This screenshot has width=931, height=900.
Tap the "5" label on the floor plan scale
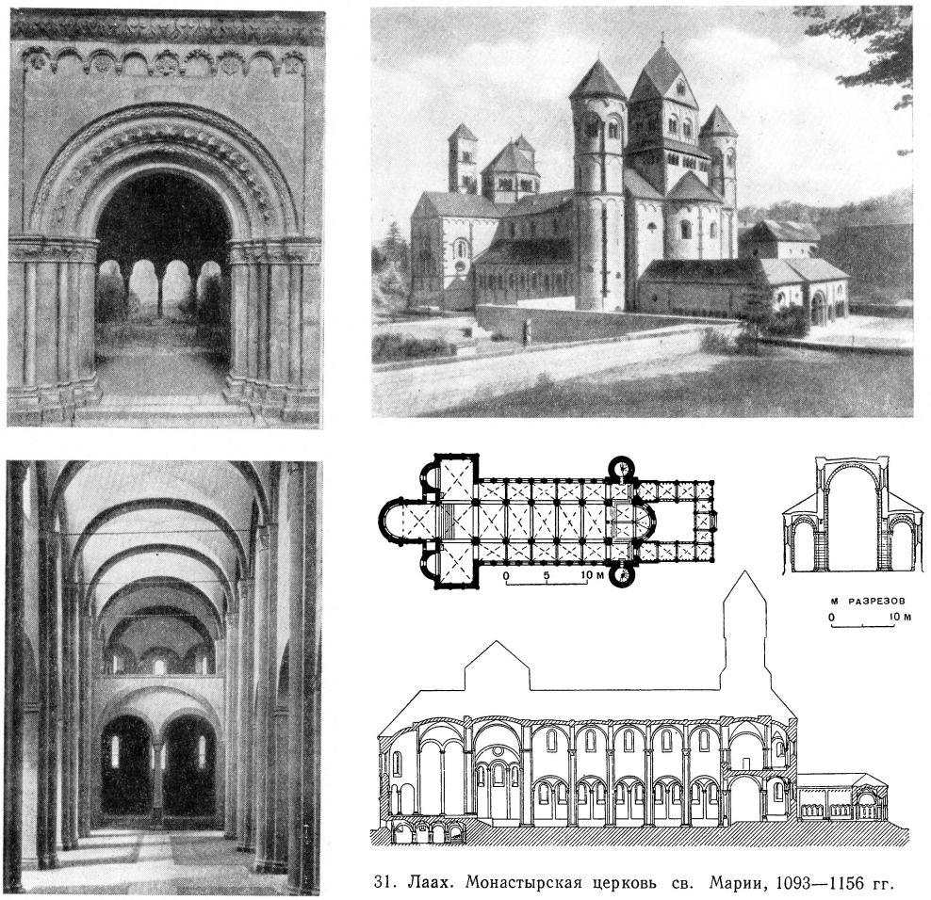(547, 575)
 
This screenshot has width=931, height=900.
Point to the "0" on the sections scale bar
(832, 618)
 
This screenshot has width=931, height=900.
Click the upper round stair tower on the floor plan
(622, 468)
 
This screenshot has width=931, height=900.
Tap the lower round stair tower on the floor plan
(622, 575)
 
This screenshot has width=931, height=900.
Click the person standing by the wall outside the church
(525, 332)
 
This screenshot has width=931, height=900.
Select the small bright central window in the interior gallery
(158, 667)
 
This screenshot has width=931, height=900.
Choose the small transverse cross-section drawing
(852, 514)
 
